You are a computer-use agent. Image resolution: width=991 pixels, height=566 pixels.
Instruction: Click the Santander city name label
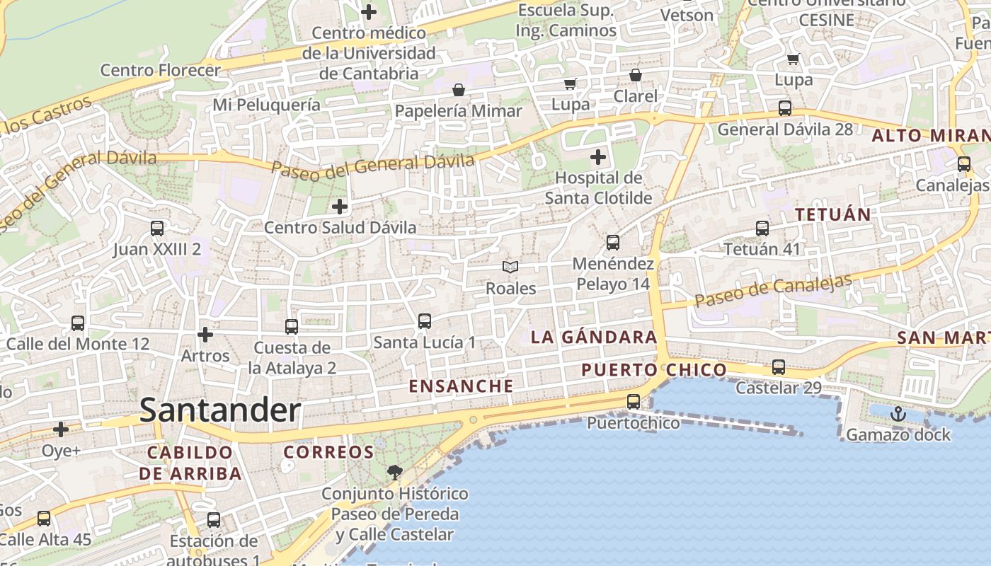tap(220, 410)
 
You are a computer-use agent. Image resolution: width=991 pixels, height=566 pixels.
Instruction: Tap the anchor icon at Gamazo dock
tap(898, 414)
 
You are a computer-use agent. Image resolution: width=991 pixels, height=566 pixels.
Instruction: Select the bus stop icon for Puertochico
tap(634, 402)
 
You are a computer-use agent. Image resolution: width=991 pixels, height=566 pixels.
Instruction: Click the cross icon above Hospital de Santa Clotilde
tap(598, 156)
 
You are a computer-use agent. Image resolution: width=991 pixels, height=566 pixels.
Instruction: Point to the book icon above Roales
tap(510, 267)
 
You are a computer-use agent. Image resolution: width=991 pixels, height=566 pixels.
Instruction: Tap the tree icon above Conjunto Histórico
tap(394, 472)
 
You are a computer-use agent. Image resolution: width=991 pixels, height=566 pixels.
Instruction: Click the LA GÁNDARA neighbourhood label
tap(594, 337)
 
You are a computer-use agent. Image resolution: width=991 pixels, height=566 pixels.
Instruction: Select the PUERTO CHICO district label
tap(653, 369)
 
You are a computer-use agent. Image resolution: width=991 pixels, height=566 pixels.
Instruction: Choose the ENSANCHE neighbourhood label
tap(462, 386)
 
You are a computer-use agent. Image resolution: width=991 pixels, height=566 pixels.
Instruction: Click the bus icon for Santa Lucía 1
tap(425, 321)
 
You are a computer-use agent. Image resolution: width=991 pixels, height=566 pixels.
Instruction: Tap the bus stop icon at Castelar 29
tap(779, 367)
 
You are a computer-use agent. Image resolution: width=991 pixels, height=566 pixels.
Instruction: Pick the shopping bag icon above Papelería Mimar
tap(459, 90)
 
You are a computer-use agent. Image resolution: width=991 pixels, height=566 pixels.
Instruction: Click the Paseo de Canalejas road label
tap(773, 290)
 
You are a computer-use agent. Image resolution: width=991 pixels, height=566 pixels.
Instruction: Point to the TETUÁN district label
tap(832, 214)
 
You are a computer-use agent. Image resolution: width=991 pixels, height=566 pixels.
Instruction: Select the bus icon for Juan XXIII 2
tap(157, 229)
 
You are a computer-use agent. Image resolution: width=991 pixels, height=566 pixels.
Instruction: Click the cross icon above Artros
tap(205, 334)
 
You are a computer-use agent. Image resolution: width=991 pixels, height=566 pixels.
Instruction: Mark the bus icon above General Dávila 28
tap(785, 108)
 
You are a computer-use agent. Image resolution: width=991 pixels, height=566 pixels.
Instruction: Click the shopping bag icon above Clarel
tap(636, 75)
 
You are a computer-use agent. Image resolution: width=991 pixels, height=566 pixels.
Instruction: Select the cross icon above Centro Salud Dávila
tap(340, 207)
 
